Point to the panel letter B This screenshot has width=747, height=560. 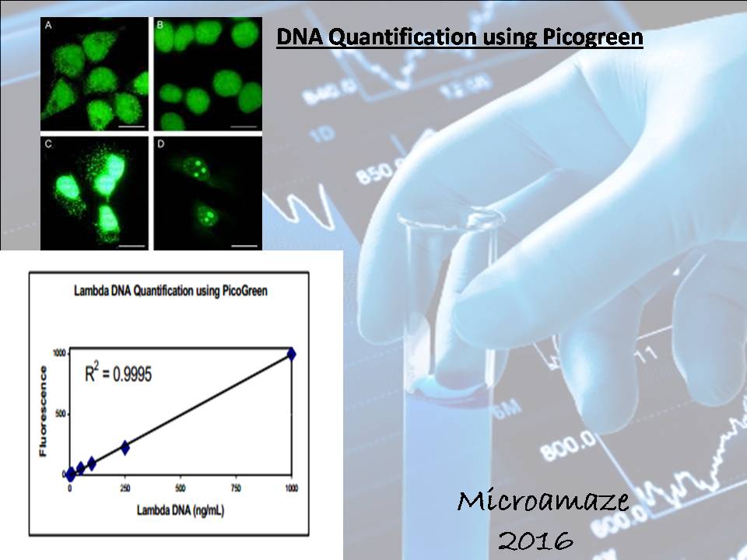[x=160, y=25]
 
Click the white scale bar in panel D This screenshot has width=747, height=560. [x=243, y=244]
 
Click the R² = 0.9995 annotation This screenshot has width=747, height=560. [x=117, y=373]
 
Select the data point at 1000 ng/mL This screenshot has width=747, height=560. [x=292, y=354]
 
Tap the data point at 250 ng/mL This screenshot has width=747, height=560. [x=124, y=447]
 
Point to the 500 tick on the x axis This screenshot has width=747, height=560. [x=181, y=488]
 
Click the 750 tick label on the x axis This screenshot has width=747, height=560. [x=236, y=488]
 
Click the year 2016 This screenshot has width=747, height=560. [x=535, y=539]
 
